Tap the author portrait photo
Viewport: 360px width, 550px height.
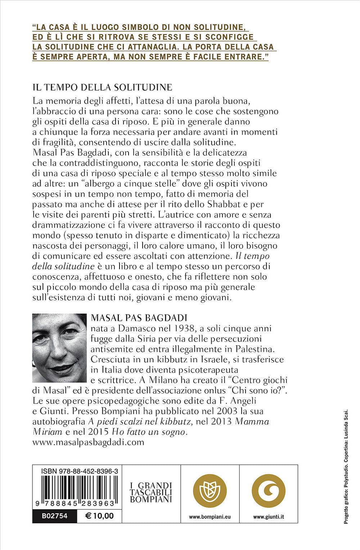[59, 348]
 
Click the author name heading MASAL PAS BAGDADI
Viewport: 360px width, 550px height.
[139, 318]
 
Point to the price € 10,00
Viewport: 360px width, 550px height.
[99, 516]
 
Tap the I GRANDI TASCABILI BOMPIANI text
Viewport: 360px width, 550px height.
[151, 492]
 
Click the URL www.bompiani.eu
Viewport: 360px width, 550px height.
[210, 517]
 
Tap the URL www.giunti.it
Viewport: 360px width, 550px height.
[268, 517]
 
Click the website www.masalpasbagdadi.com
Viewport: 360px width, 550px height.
[88, 442]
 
